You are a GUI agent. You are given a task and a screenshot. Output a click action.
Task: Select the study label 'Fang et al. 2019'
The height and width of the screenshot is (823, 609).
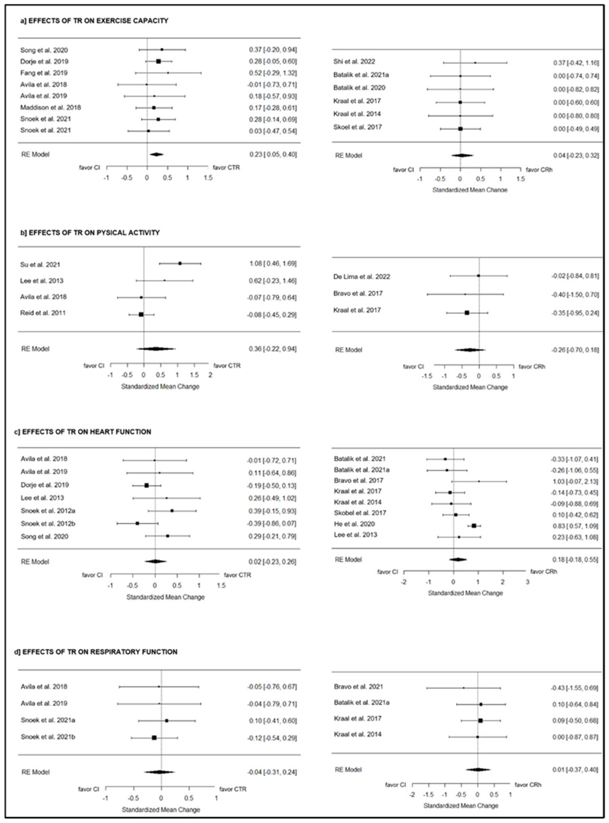[x=44, y=73]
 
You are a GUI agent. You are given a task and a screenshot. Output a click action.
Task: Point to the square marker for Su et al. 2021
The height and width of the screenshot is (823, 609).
[x=180, y=263]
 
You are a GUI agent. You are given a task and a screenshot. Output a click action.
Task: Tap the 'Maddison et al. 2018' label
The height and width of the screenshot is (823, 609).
[x=51, y=108]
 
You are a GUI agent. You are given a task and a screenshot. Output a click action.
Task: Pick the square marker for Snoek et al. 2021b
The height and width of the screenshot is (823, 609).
[x=154, y=737]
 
